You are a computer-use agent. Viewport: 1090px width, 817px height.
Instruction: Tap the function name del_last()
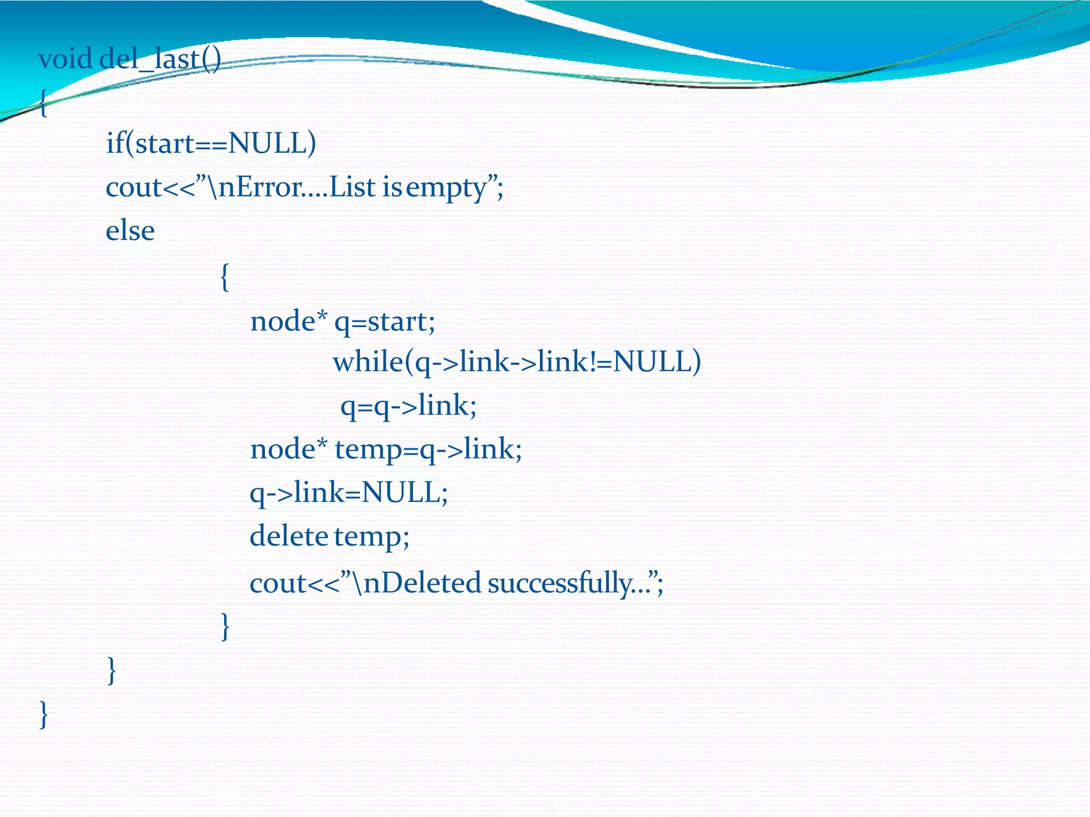[160, 60]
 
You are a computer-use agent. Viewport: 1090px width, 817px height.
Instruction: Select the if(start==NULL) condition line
[211, 144]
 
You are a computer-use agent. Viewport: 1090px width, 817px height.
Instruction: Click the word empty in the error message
[447, 188]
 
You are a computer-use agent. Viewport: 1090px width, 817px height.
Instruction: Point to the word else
[130, 231]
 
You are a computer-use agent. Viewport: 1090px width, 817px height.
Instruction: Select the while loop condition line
[516, 363]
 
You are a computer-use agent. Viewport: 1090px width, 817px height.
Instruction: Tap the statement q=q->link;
[408, 406]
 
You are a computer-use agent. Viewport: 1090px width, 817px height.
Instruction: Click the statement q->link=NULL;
[349, 493]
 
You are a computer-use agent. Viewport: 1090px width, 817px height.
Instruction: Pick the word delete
[288, 536]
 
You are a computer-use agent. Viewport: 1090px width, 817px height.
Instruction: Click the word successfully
[559, 583]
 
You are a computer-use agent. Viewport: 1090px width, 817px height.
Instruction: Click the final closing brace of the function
[44, 714]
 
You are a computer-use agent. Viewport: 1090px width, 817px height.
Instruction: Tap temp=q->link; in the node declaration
[428, 450]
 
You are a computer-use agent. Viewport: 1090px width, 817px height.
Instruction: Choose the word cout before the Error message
[134, 188]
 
